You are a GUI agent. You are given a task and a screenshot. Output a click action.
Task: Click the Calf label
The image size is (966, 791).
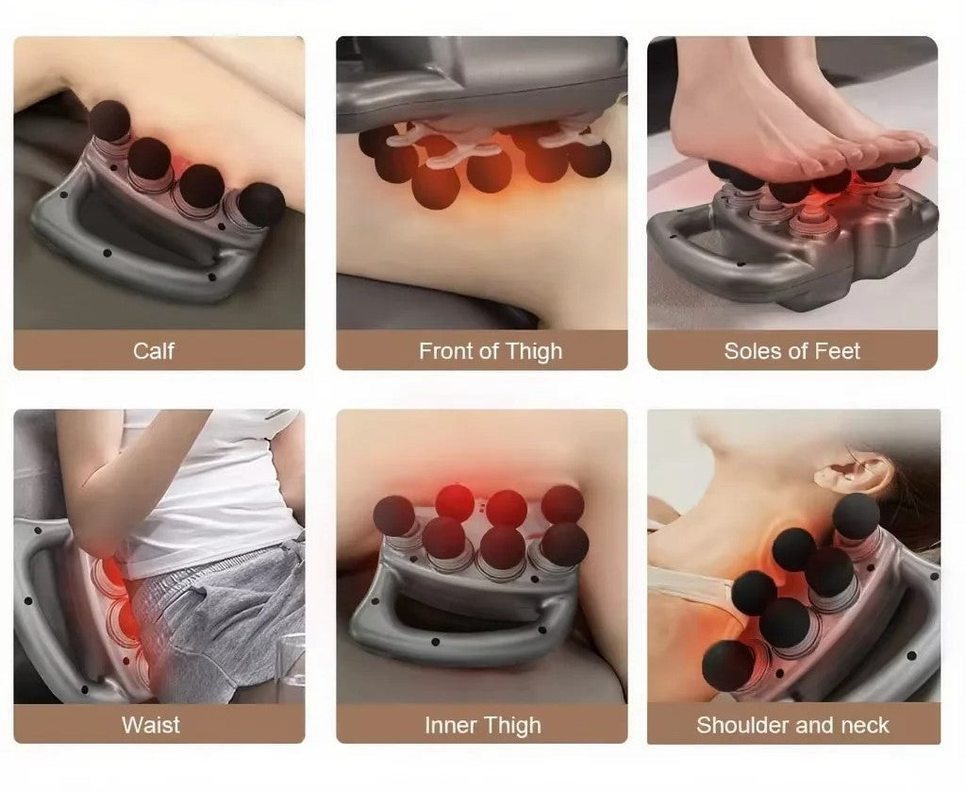click(154, 351)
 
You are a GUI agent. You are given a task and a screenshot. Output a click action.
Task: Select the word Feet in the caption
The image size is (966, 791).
click(838, 351)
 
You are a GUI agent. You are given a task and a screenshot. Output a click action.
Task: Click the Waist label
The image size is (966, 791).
click(151, 724)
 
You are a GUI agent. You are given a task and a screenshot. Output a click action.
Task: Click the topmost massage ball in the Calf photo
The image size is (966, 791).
click(110, 120)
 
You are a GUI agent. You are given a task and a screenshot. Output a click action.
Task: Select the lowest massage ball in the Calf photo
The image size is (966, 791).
click(261, 204)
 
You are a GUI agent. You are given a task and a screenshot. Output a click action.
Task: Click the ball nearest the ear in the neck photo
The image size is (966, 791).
click(857, 515)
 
